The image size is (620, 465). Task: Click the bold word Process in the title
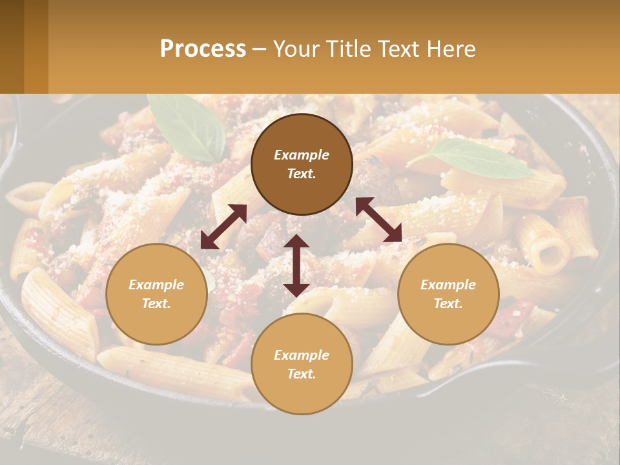click(x=203, y=49)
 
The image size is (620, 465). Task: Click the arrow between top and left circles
click(x=223, y=227)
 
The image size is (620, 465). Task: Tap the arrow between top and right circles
click(x=378, y=220)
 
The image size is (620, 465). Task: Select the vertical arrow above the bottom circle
click(x=296, y=265)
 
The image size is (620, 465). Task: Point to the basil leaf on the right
click(x=475, y=159)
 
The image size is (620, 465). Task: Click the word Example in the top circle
click(x=302, y=155)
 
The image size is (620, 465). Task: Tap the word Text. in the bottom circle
click(x=302, y=374)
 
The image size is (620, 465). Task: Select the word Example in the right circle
click(x=448, y=285)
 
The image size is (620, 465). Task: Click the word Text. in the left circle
click(x=156, y=304)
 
